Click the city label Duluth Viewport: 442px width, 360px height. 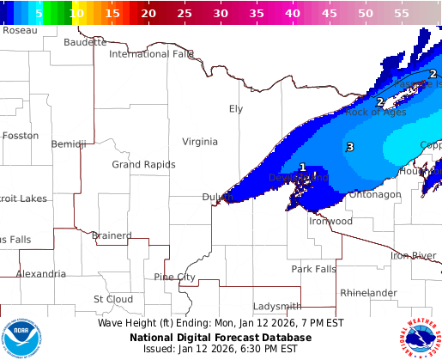[217, 197]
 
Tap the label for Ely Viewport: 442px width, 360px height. [236, 108]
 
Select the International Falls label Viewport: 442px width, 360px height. [152, 54]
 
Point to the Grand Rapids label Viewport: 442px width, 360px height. [143, 164]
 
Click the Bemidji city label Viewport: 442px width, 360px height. [69, 143]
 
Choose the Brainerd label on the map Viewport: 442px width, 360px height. [112, 235]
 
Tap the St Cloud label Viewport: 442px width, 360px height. [112, 299]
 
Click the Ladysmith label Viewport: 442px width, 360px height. [277, 306]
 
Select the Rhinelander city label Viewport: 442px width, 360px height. [368, 293]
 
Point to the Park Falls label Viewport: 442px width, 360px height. [313, 269]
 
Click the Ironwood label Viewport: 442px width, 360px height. [330, 221]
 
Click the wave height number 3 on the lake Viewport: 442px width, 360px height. [349, 148]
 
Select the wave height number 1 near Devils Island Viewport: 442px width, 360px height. [302, 168]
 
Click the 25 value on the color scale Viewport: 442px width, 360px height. [185, 14]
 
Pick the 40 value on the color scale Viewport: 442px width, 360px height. [293, 14]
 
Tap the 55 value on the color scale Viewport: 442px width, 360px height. [402, 14]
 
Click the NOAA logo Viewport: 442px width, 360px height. [21, 337]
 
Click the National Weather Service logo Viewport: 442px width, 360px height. [419, 337]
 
